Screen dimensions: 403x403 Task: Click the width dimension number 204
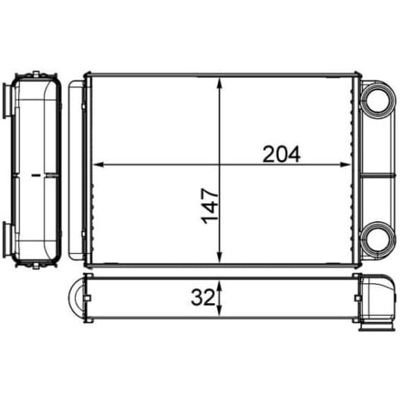(x=282, y=154)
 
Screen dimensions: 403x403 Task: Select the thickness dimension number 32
(x=202, y=298)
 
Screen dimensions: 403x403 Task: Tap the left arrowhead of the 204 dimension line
(x=96, y=164)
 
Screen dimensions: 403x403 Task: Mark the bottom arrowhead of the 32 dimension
(x=220, y=312)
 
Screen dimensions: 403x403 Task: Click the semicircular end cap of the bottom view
(x=76, y=299)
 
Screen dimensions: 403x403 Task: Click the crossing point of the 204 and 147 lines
(x=220, y=164)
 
